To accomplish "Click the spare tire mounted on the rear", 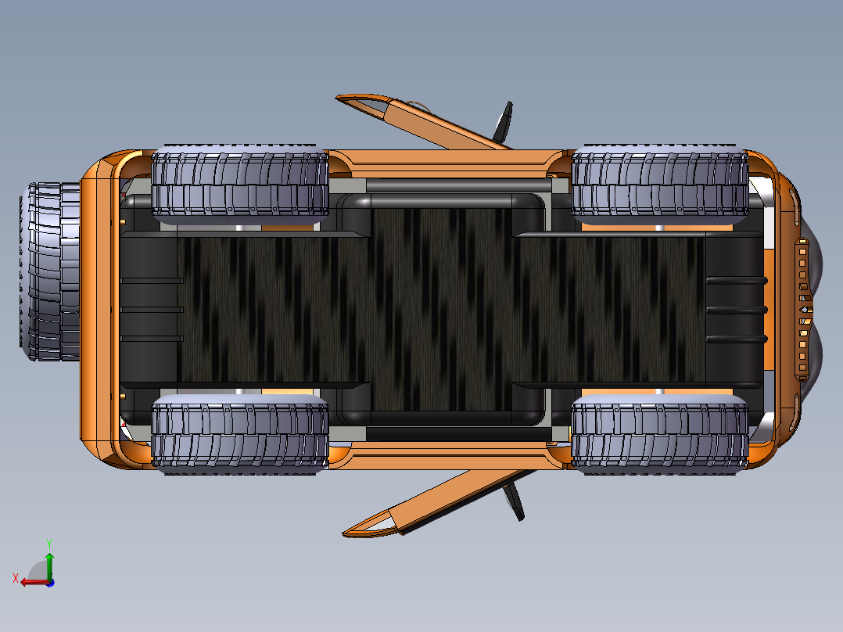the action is click(x=50, y=271).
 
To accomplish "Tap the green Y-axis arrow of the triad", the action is click(x=49, y=566).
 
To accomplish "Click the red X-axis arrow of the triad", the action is click(x=34, y=582).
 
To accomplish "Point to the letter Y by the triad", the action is click(x=49, y=544).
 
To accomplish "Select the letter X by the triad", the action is click(x=16, y=578).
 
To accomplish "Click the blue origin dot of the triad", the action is click(x=50, y=583).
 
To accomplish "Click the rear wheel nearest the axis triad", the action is click(x=240, y=434).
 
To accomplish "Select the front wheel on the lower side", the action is click(x=660, y=434).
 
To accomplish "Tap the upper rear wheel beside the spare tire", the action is click(x=240, y=184).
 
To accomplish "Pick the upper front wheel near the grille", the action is click(x=660, y=184).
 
